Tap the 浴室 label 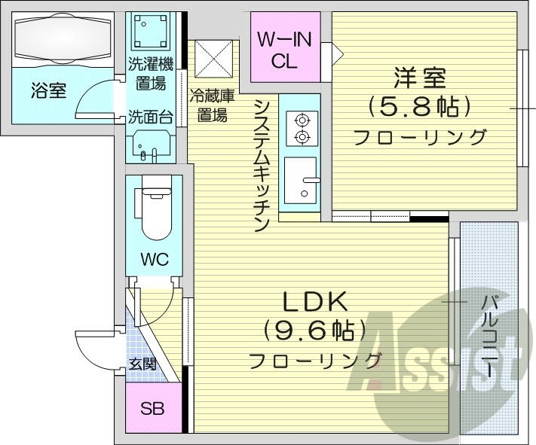pyautogui.click(x=48, y=91)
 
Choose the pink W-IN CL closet pyautogui.click(x=284, y=49)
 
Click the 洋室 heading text pyautogui.click(x=418, y=78)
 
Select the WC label pyautogui.click(x=154, y=260)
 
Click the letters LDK pyautogui.click(x=314, y=301)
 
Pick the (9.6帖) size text pyautogui.click(x=314, y=330)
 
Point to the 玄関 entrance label pyautogui.click(x=142, y=364)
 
